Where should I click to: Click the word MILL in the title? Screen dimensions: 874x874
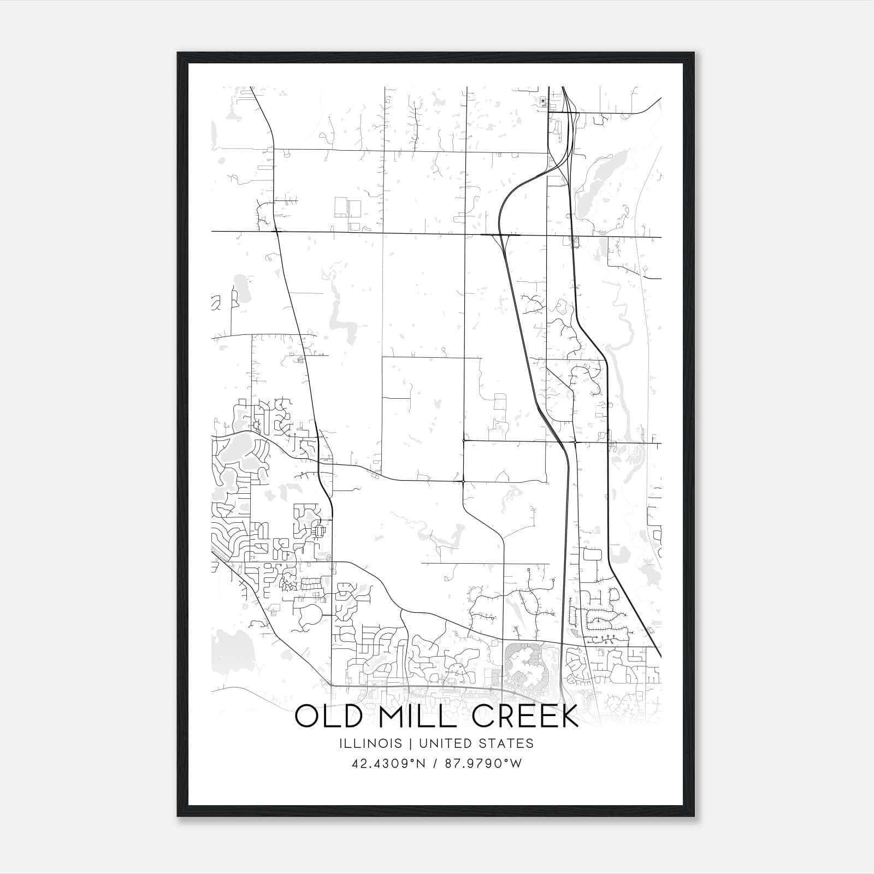[x=415, y=716]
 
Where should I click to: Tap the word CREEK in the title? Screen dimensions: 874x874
[x=525, y=716]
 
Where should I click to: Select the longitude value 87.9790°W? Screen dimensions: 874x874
[x=483, y=763]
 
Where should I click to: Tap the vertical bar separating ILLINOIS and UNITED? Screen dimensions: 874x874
[x=409, y=743]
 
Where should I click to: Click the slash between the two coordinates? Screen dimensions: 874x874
[x=435, y=763]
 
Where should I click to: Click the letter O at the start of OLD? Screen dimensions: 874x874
[x=306, y=716]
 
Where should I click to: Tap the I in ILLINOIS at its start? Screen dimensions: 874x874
[x=340, y=743]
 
